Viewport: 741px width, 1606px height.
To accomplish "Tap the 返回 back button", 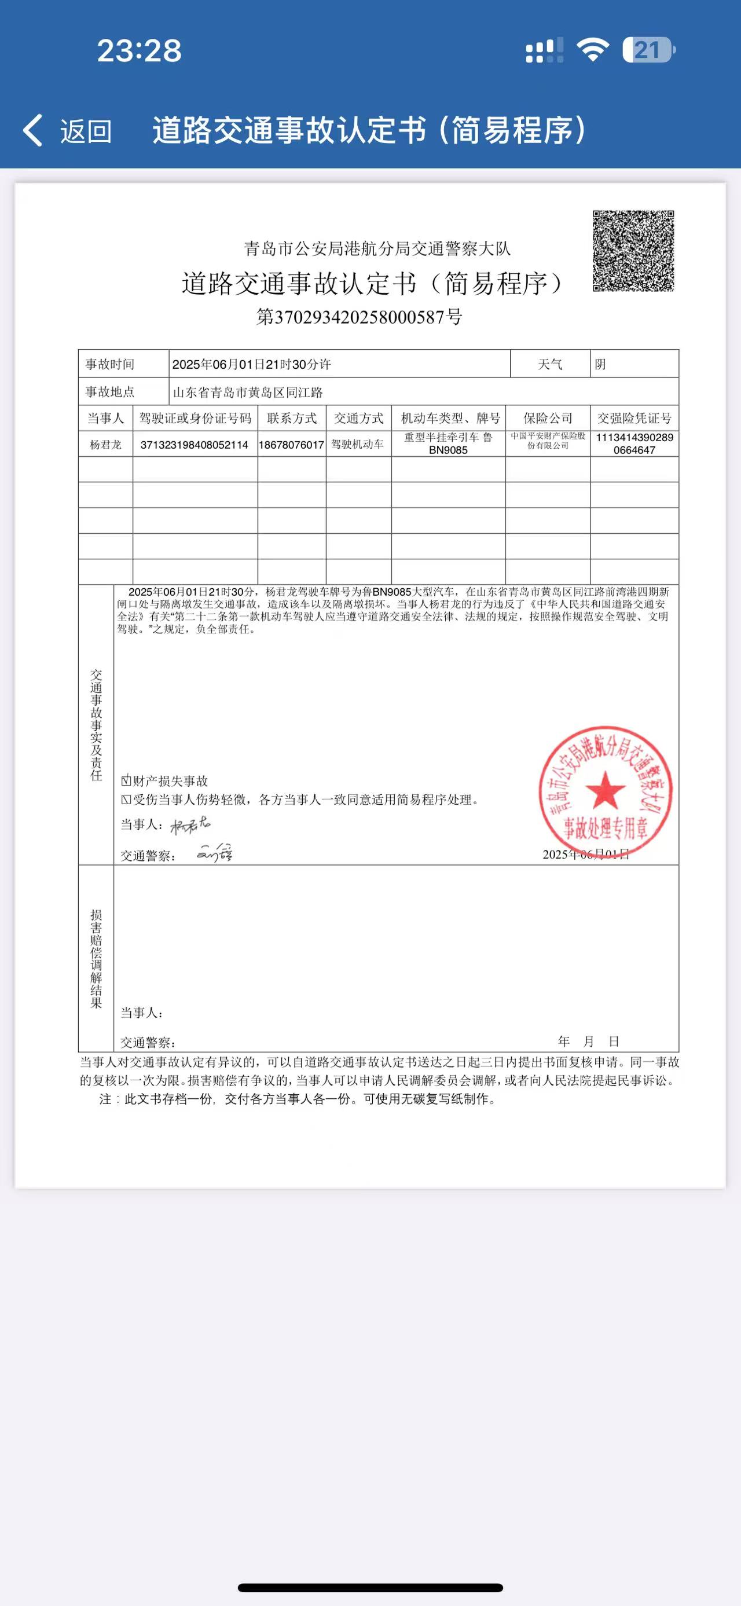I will pos(67,131).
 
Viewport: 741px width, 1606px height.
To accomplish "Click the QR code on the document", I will pos(633,251).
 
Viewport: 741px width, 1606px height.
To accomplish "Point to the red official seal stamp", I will pos(605,790).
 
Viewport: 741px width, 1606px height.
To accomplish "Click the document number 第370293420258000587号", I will pos(359,317).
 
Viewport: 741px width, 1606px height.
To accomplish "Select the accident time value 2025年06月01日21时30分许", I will pos(252,364).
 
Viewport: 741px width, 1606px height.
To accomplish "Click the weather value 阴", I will pos(600,364).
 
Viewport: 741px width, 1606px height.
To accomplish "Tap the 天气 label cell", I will pos(551,364).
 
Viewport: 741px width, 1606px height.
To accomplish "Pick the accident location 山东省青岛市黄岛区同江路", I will pos(248,392).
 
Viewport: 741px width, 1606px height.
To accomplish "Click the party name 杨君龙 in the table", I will pos(105,445).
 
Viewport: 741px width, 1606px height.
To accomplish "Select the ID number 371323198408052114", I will pos(195,445).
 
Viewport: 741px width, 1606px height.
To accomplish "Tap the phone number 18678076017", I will pos(292,445).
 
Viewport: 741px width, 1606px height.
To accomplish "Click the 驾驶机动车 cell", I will pos(358,444).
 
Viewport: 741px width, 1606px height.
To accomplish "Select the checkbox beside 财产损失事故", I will pos(126,780).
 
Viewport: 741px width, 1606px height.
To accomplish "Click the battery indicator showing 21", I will pos(648,50).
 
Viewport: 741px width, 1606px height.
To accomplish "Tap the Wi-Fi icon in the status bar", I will pos(593,50).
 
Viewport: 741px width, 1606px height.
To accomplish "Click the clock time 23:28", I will pos(139,50).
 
